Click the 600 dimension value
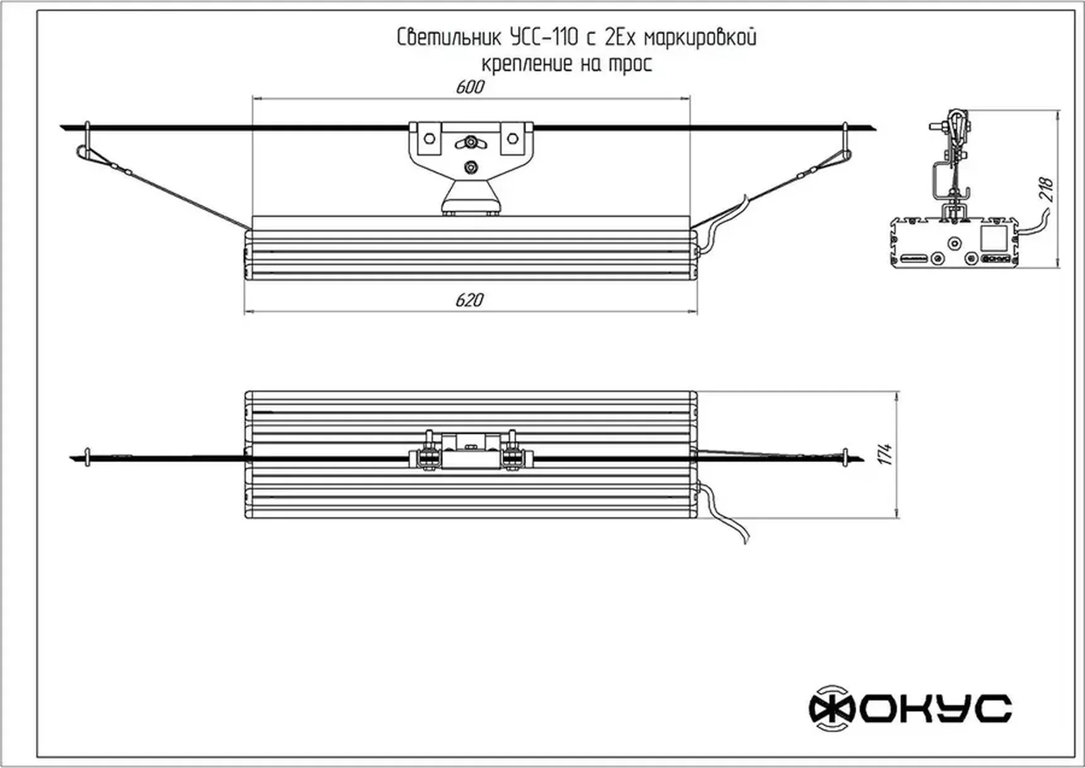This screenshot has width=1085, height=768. point(470,87)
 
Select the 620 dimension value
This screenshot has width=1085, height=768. point(470,300)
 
